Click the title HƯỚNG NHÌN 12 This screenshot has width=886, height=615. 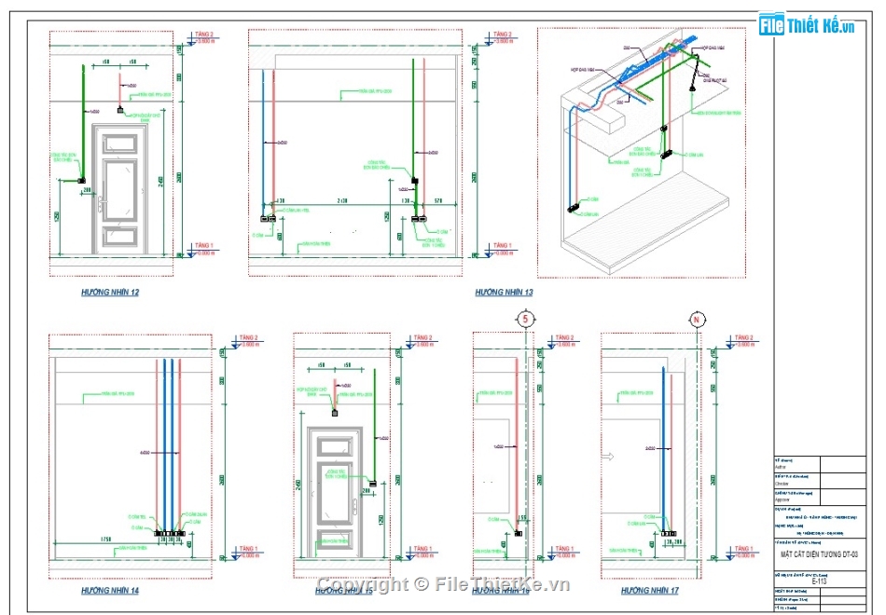110,293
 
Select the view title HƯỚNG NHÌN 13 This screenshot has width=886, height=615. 504,293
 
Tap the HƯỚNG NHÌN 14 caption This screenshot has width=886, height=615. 110,591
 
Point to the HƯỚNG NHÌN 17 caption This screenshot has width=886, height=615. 650,591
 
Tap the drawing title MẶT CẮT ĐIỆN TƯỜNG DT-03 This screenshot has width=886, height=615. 819,554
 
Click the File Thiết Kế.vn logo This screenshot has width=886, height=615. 807,25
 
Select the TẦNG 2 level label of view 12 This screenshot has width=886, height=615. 202,34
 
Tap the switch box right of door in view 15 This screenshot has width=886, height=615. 372,483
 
